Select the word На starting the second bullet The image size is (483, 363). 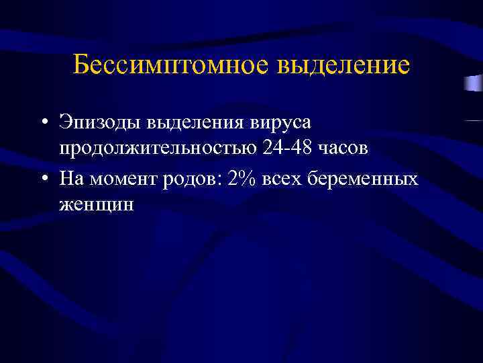[69, 179]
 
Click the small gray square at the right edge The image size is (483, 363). [472, 83]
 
